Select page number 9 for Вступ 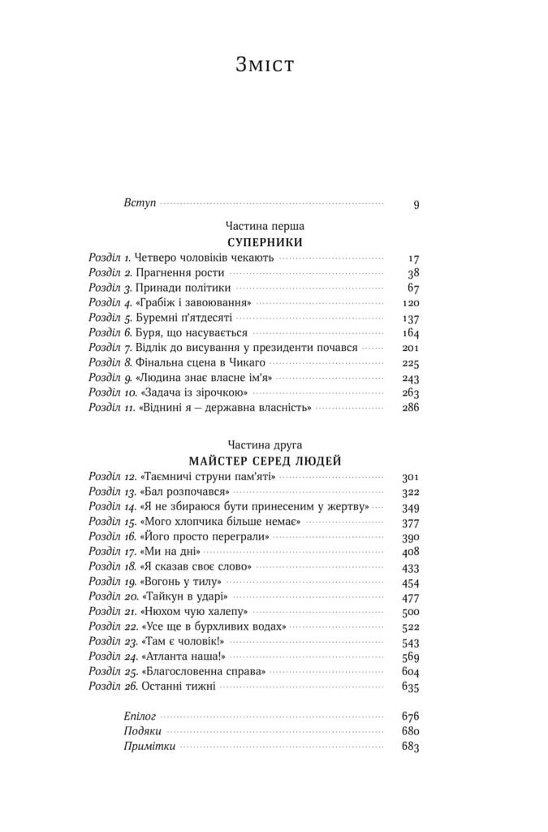(416, 204)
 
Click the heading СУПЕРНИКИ (265, 243)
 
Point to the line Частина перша (265, 226)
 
